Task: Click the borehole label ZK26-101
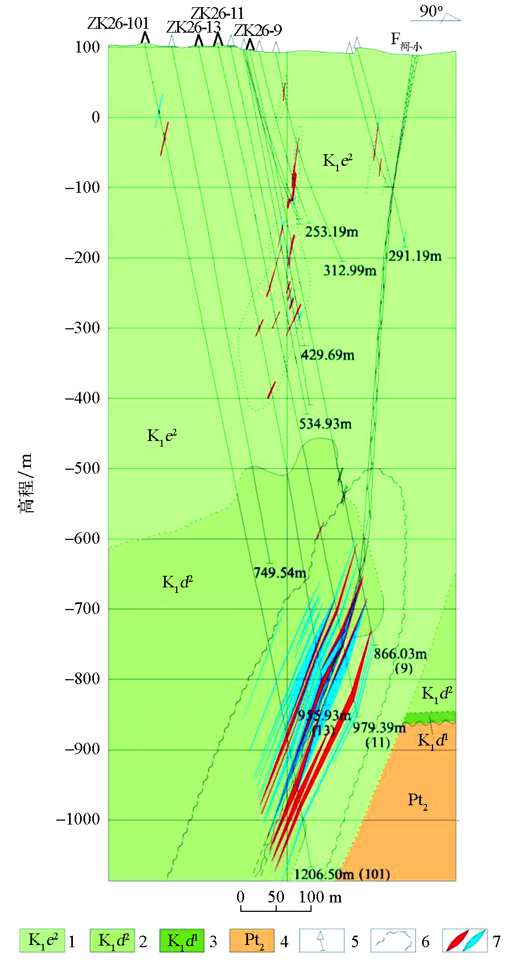pos(118,23)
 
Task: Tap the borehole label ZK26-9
pos(257,30)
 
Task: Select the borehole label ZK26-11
pos(217,13)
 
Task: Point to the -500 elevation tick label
pos(82,469)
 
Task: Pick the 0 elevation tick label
pos(96,117)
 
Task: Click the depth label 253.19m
pos(331,232)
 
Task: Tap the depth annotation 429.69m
pos(328,355)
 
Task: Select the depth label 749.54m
pos(280,573)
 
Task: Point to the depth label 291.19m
pos(415,256)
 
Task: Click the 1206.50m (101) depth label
pos(342,874)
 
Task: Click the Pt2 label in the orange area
pos(418,800)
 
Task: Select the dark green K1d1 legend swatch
pos(182,941)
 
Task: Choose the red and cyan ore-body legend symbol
pos(465,941)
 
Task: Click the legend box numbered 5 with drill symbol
pos(321,941)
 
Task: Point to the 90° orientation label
pos(431,11)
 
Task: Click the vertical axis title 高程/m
pos(26,484)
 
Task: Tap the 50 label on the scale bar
pos(276,897)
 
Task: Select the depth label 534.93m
pos(325,424)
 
